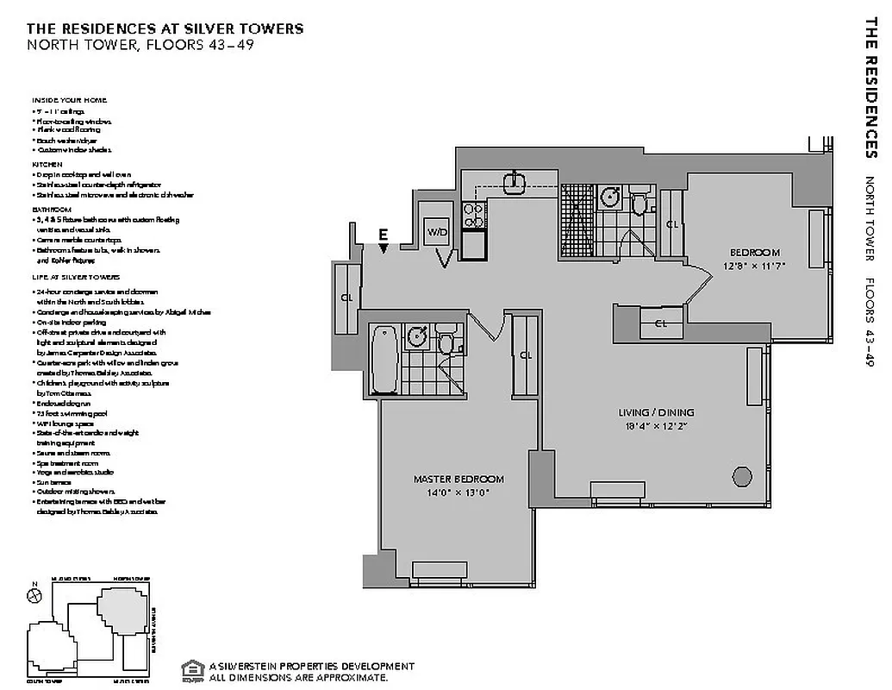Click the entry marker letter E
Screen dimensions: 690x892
pyautogui.click(x=384, y=234)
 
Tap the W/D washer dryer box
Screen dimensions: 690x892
pyautogui.click(x=437, y=233)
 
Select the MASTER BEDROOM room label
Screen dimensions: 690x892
pyautogui.click(x=458, y=480)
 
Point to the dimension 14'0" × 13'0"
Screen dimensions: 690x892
pyautogui.click(x=458, y=493)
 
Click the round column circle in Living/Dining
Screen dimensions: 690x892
pyautogui.click(x=740, y=474)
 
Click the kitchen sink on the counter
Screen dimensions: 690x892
pyautogui.click(x=515, y=179)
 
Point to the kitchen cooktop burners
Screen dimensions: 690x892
pyautogui.click(x=472, y=215)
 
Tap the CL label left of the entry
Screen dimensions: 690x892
pyautogui.click(x=347, y=298)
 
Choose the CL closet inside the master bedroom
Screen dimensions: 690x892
pyautogui.click(x=526, y=354)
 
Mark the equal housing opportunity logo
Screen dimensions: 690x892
pyautogui.click(x=191, y=670)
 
